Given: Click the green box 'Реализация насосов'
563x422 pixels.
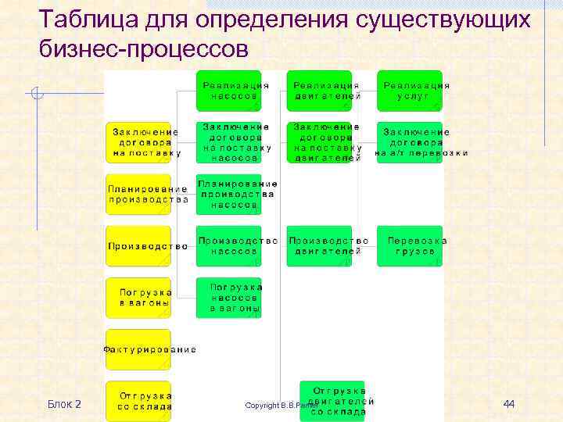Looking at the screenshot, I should tap(228, 91).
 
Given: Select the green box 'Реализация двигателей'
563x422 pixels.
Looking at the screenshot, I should tap(319, 91).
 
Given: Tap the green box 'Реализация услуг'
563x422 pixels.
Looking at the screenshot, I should tap(410, 91).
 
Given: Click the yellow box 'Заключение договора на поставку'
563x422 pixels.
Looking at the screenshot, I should tap(138, 142).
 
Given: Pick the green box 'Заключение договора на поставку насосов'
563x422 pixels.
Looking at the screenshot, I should tap(228, 142).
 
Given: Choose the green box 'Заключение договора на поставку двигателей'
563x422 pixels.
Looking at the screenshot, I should tap(319, 142).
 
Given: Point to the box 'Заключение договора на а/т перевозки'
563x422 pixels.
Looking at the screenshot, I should tap(410, 142).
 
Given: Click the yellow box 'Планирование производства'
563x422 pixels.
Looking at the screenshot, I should tap(138, 194).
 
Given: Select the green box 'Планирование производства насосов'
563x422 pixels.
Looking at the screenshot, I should tap(228, 194).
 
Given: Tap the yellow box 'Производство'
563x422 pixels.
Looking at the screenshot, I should tap(138, 246).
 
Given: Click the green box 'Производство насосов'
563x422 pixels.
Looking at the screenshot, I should tap(228, 246).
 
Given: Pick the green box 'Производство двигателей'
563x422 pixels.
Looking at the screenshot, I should tap(319, 246).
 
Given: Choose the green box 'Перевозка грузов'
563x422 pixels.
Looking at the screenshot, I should tap(410, 246).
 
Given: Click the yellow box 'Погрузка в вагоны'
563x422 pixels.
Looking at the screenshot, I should tap(138, 298).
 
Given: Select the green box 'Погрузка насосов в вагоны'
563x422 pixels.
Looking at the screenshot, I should tap(228, 298).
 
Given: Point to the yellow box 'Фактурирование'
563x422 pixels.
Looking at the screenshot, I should tap(138, 349).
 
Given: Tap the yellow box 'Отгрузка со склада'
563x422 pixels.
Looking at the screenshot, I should tap(138, 401).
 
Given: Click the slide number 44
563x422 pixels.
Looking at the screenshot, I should tap(508, 403).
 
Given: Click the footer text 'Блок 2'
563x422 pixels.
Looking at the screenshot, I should tap(64, 403).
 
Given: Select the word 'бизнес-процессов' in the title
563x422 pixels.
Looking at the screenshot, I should tap(143, 48).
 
